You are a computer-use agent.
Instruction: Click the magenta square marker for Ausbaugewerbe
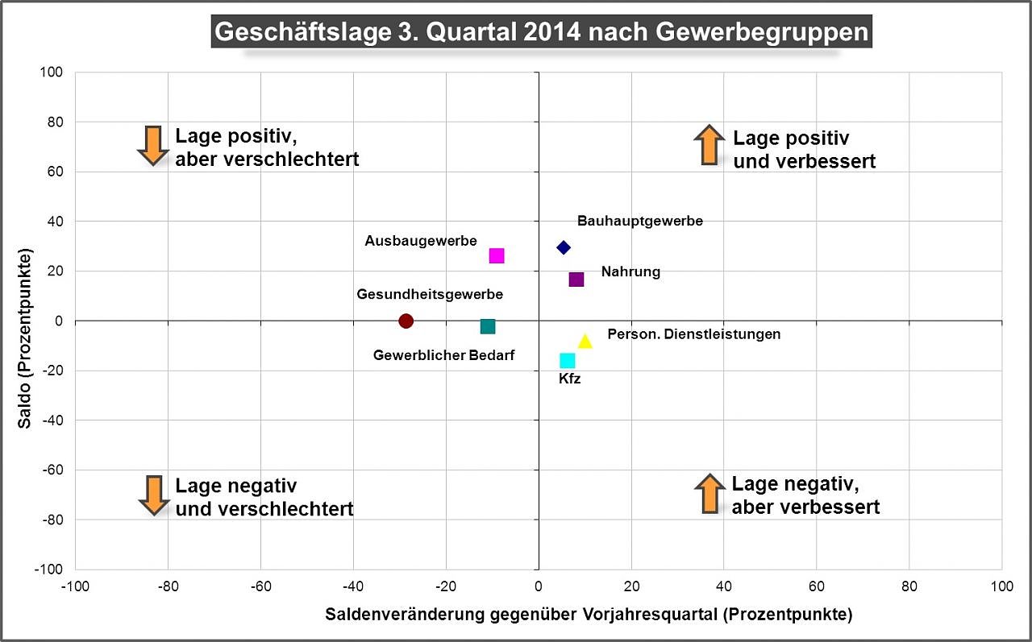[497, 255]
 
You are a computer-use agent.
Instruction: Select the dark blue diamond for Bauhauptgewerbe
[564, 247]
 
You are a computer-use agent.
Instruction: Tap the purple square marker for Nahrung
[576, 280]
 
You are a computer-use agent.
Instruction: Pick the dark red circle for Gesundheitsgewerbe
[406, 321]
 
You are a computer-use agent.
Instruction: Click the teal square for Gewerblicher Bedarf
[487, 326]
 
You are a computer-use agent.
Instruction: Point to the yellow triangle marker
[585, 342]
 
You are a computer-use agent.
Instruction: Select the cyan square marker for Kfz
[568, 360]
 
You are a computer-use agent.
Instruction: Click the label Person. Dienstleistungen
[693, 334]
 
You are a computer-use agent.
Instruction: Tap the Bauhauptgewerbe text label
[640, 221]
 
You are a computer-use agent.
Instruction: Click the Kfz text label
[569, 379]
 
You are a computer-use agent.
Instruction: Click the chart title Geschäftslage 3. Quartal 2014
[541, 32]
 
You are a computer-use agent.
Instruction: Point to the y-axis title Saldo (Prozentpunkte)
[26, 339]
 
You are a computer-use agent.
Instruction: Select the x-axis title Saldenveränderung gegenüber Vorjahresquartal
[589, 615]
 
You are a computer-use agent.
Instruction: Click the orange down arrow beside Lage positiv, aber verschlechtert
[152, 145]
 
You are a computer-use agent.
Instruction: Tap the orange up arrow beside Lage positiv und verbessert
[708, 145]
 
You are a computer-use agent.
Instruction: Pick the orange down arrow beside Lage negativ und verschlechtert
[153, 495]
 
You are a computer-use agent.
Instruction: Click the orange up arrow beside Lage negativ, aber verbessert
[709, 494]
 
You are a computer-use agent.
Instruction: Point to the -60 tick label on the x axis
[260, 586]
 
